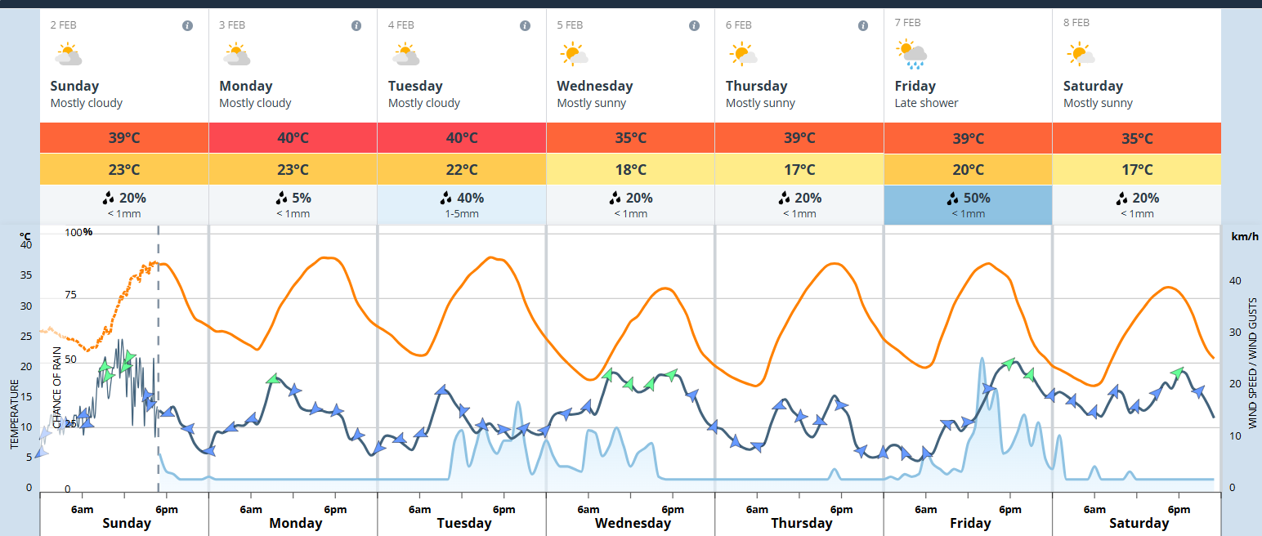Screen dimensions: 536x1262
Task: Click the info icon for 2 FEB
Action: pyautogui.click(x=187, y=25)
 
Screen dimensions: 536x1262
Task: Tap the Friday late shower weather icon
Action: pyautogui.click(x=911, y=55)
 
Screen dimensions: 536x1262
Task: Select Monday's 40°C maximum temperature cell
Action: pyautogui.click(x=293, y=137)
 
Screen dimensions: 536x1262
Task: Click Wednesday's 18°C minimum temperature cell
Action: pyautogui.click(x=630, y=170)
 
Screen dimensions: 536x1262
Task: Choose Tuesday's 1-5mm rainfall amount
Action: pyautogui.click(x=462, y=214)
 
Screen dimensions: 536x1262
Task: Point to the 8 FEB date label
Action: pyautogui.click(x=1076, y=24)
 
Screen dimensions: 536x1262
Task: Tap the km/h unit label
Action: pyautogui.click(x=1245, y=237)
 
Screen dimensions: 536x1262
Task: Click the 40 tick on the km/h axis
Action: pyautogui.click(x=1235, y=280)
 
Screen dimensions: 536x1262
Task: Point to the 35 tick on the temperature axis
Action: pyautogui.click(x=26, y=275)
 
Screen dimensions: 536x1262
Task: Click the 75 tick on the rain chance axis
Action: pyautogui.click(x=70, y=295)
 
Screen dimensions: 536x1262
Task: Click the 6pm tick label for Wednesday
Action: pyautogui.click(x=672, y=510)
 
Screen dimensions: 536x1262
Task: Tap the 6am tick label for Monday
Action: pyautogui.click(x=250, y=510)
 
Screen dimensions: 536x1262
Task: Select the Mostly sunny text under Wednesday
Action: pyautogui.click(x=591, y=103)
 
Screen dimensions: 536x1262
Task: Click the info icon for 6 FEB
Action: pyautogui.click(x=863, y=25)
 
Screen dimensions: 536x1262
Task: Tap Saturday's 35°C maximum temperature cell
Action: pyautogui.click(x=1137, y=137)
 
